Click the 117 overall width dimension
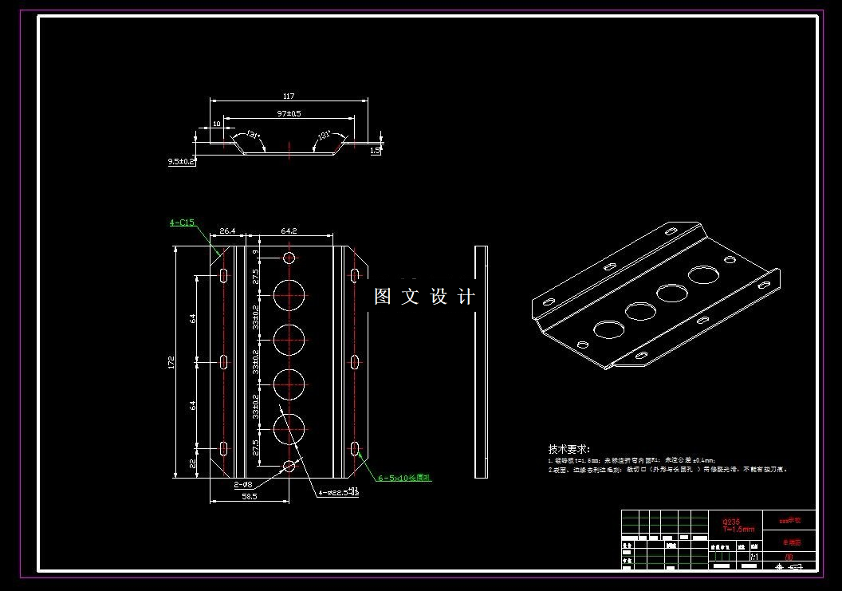pyautogui.click(x=289, y=97)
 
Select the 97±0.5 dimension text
pyautogui.click(x=289, y=113)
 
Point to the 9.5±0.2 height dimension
pyautogui.click(x=181, y=161)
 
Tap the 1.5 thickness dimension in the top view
pyautogui.click(x=376, y=149)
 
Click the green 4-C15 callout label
pyautogui.click(x=182, y=223)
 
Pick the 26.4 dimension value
pyautogui.click(x=226, y=230)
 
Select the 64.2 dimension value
pyautogui.click(x=289, y=230)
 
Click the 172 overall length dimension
pyautogui.click(x=171, y=362)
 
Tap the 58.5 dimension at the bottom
pyautogui.click(x=249, y=496)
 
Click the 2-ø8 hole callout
pyautogui.click(x=243, y=484)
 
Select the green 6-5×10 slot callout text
pyautogui.click(x=404, y=478)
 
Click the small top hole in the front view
pyautogui.click(x=289, y=258)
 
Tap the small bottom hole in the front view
pyautogui.click(x=289, y=465)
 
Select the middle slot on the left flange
pyautogui.click(x=224, y=362)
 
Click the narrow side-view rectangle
pyautogui.click(x=481, y=362)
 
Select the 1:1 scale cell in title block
pyautogui.click(x=754, y=556)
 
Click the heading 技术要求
pyautogui.click(x=569, y=450)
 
